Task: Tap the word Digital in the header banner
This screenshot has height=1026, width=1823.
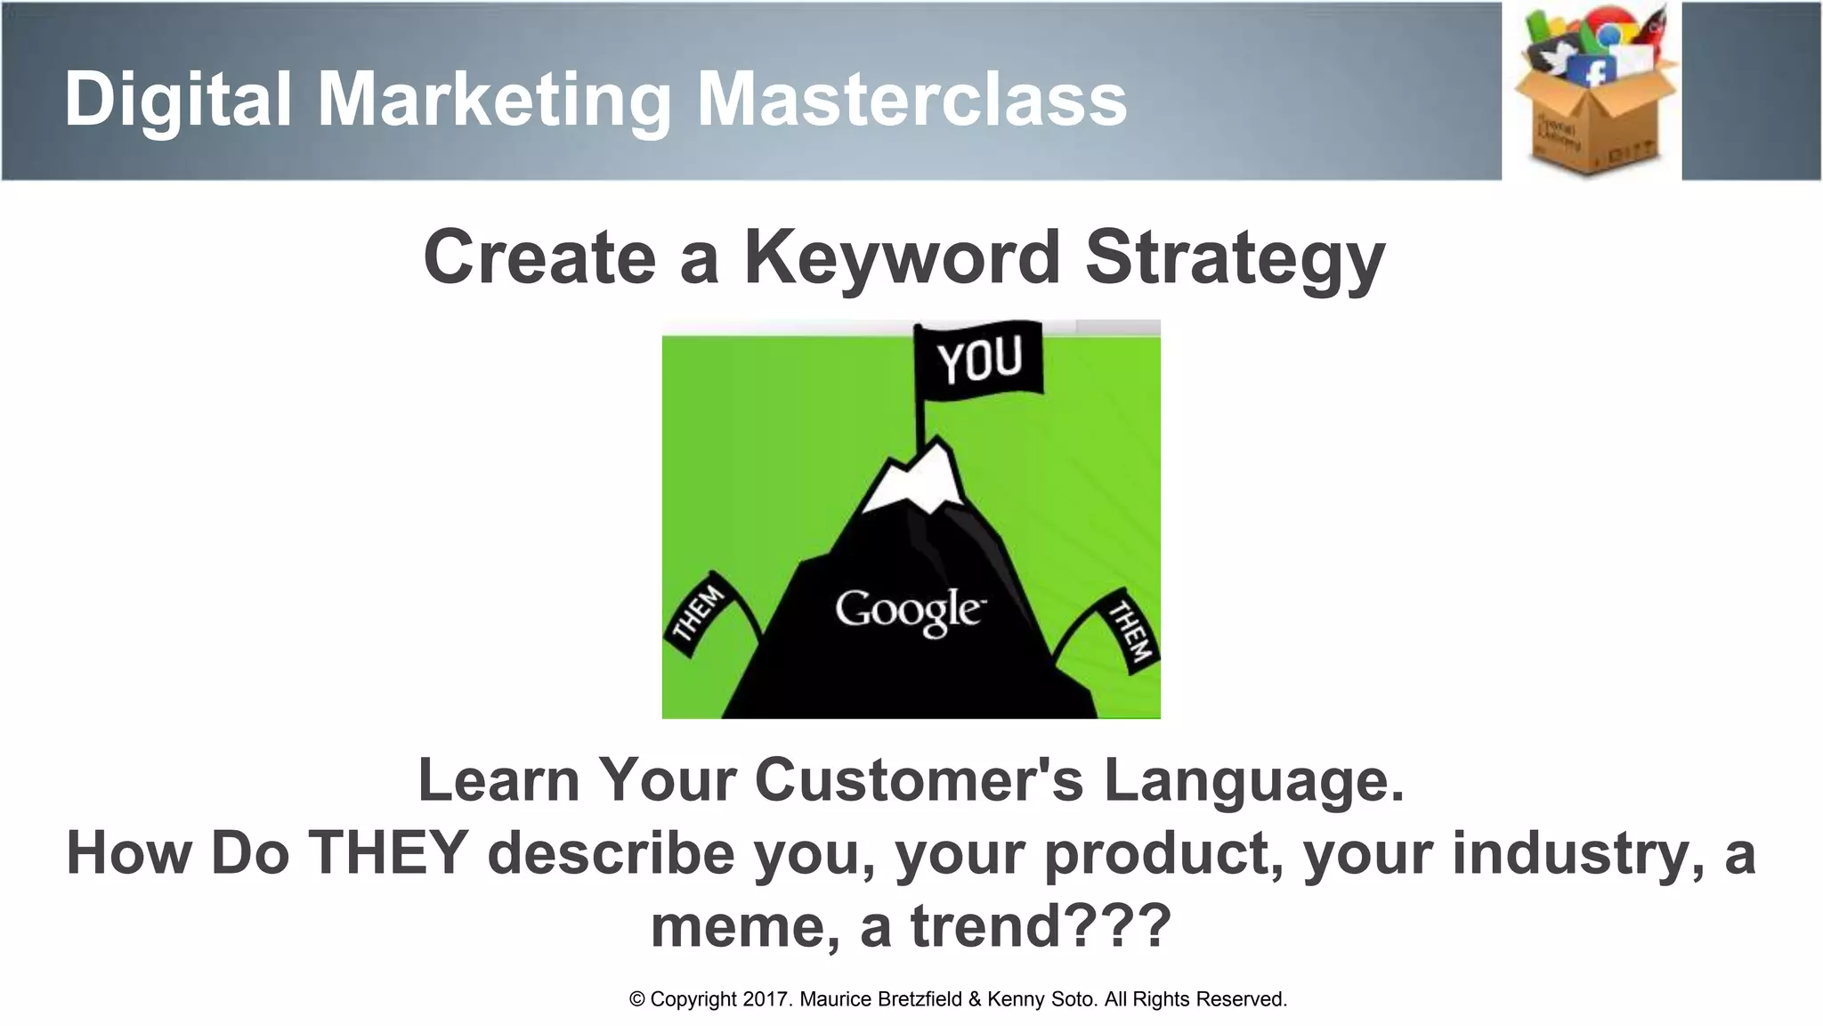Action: (x=178, y=100)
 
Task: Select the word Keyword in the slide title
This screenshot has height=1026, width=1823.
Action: (x=902, y=258)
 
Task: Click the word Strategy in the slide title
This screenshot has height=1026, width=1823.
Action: (x=1235, y=258)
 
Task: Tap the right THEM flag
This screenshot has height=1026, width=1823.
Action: (x=1129, y=631)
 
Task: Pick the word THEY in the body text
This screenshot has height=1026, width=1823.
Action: (x=388, y=853)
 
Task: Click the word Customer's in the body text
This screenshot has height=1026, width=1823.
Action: (x=919, y=780)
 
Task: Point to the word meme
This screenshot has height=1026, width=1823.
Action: (x=745, y=926)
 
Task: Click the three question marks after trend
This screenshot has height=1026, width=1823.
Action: (x=1116, y=926)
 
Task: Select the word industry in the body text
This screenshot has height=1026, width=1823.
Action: (x=1580, y=853)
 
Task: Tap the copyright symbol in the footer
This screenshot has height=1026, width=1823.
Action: (x=636, y=999)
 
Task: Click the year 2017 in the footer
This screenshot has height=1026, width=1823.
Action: (x=765, y=999)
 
